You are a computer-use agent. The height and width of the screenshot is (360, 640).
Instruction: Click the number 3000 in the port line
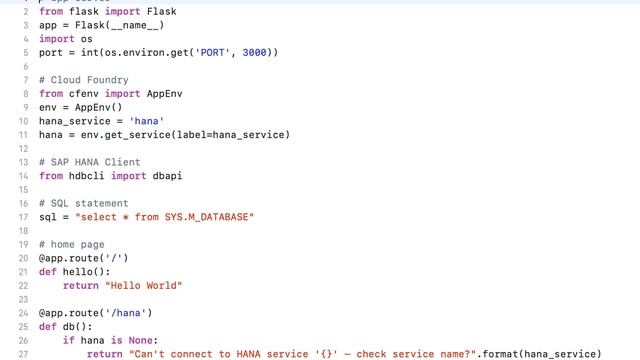click(x=255, y=52)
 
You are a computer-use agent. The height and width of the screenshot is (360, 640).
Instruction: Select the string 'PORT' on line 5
click(x=213, y=52)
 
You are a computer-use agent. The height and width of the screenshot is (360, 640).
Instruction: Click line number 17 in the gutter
click(x=23, y=217)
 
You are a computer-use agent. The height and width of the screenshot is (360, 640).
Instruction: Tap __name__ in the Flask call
click(x=135, y=25)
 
